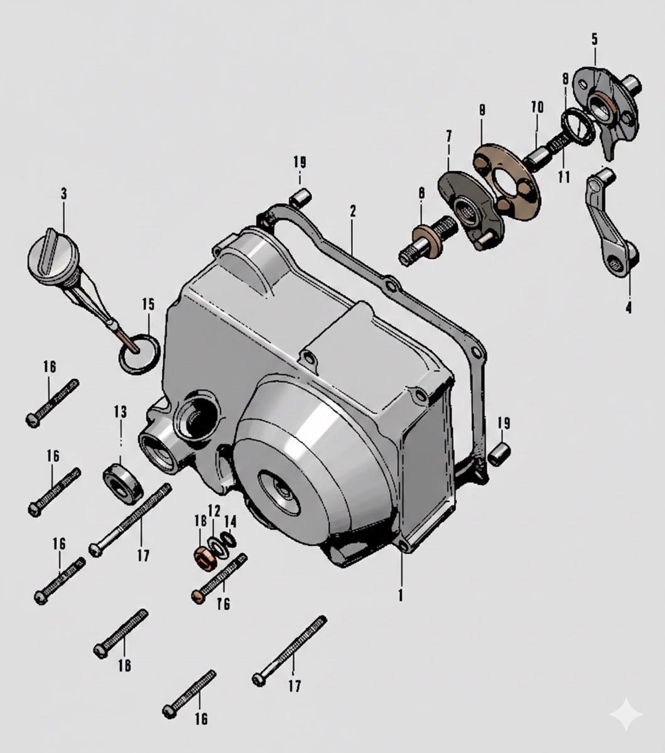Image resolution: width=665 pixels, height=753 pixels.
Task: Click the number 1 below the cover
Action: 401,594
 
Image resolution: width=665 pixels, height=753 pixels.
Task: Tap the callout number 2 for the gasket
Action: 353,211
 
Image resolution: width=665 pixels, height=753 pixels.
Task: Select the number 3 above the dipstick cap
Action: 63,194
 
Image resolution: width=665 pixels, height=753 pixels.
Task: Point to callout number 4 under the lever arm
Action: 628,307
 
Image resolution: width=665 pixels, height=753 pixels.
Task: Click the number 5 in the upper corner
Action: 594,40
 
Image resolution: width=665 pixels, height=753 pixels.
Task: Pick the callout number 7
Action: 449,136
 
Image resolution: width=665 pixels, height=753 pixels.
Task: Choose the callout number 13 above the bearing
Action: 120,412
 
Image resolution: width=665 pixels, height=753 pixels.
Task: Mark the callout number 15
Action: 148,305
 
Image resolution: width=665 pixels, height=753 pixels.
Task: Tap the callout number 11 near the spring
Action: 564,176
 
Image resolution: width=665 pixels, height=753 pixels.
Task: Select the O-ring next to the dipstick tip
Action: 138,354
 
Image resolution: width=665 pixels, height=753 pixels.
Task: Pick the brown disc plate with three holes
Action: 506,182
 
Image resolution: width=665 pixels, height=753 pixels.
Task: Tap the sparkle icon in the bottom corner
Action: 627,715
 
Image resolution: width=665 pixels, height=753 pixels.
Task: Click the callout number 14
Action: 230,521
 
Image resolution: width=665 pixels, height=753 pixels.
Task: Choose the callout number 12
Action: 215,510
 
